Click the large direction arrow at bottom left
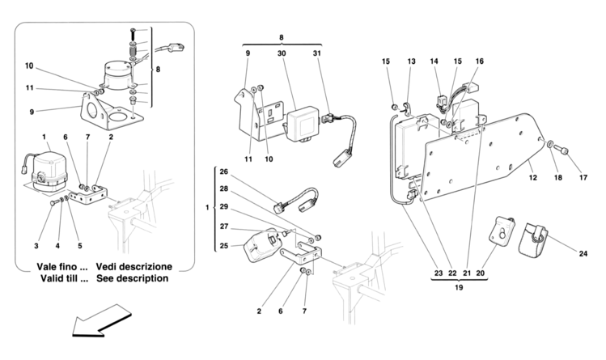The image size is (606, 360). (101, 321)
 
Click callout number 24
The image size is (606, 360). (583, 253)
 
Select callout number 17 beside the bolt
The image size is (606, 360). (583, 177)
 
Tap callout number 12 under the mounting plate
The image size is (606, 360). (533, 177)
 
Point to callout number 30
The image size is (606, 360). (282, 53)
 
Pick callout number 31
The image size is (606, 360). (317, 53)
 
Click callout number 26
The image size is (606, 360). (224, 172)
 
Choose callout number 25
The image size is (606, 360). (224, 245)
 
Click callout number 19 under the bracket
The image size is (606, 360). (459, 287)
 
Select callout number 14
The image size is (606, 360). (434, 61)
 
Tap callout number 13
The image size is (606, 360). (411, 61)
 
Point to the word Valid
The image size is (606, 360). (52, 278)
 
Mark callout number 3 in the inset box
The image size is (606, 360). (36, 246)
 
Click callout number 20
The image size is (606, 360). (480, 273)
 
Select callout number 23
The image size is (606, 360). (439, 273)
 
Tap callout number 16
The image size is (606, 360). (480, 61)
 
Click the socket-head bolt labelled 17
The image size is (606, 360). (561, 149)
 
